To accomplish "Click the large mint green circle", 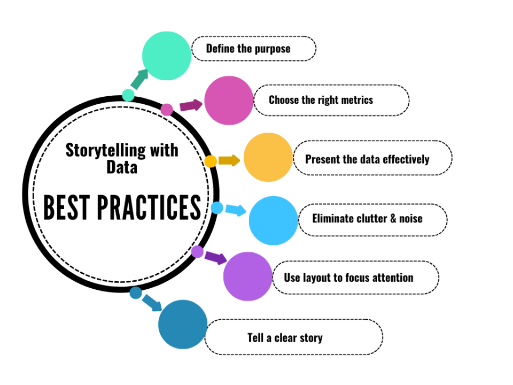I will [x=166, y=56].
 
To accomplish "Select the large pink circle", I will [x=229, y=101].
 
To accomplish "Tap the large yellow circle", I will [x=268, y=157].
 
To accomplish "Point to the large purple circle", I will [x=247, y=276].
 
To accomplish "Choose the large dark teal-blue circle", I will [x=183, y=324].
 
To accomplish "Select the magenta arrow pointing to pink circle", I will [x=191, y=105].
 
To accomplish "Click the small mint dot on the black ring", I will [x=128, y=95].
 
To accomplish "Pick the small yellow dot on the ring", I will [x=211, y=161].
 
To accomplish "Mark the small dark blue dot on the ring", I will [x=136, y=292].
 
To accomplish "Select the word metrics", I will [x=355, y=100].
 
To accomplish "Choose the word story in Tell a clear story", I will [x=310, y=337].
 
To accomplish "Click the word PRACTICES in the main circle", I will [x=153, y=207].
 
